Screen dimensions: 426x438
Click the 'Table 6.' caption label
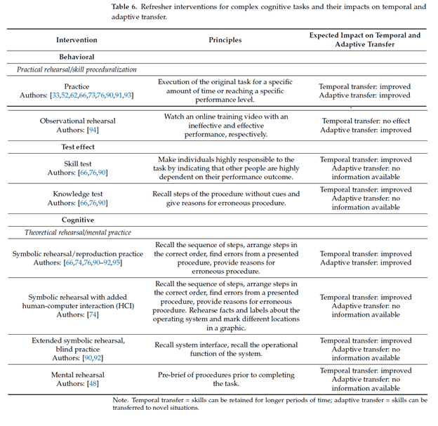pyautogui.click(x=127, y=7)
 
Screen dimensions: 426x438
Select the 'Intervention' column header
pyautogui.click(x=77, y=40)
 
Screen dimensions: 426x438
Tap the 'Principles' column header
pyautogui.click(x=225, y=40)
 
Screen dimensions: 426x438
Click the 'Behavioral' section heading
pyautogui.click(x=77, y=57)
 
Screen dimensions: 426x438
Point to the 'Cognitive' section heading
pyautogui.click(x=77, y=220)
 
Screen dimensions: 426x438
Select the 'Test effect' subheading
pyautogui.click(x=77, y=147)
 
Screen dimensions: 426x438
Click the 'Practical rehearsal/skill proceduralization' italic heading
pyautogui.click(x=77, y=69)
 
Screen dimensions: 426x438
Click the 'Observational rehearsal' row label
pyautogui.click(x=77, y=121)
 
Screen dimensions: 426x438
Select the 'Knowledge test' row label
pyautogui.click(x=77, y=194)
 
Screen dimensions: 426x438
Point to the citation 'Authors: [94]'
pyautogui.click(x=77, y=131)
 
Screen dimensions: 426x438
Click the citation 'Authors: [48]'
pyautogui.click(x=77, y=385)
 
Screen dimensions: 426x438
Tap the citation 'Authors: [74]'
pyautogui.click(x=77, y=315)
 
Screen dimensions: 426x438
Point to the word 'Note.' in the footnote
pyautogui.click(x=122, y=400)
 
